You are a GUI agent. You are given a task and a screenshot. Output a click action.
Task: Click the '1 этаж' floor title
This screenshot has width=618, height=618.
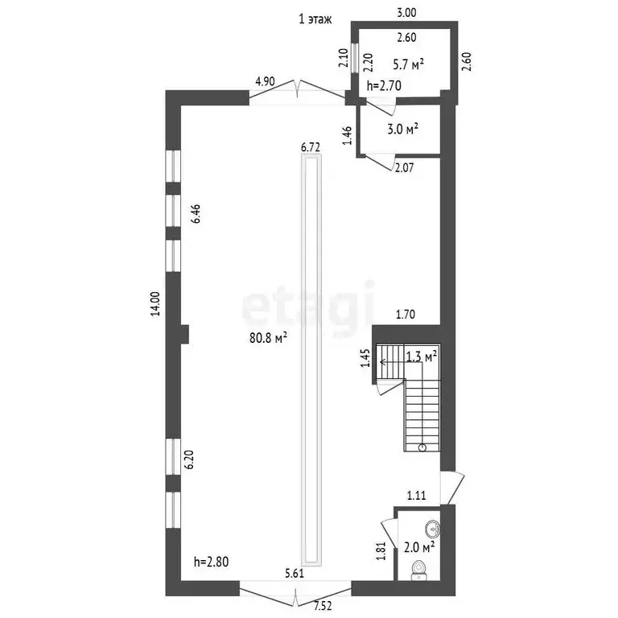tap(315, 19)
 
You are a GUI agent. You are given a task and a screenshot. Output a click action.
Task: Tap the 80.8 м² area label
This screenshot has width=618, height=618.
tap(268, 337)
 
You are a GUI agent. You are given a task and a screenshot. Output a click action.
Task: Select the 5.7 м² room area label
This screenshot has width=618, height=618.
tap(408, 64)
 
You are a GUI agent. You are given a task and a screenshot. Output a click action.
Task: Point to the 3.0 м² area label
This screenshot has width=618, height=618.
tap(402, 129)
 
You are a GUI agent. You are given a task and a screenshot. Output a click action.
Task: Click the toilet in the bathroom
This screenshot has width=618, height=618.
tap(418, 571)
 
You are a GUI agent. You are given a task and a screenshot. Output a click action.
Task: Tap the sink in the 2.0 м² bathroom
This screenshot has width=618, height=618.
tap(433, 529)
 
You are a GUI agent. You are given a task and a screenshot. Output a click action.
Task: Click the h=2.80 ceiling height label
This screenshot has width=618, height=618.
tap(212, 561)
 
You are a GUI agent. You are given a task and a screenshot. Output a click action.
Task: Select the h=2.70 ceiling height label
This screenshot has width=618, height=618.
tap(384, 85)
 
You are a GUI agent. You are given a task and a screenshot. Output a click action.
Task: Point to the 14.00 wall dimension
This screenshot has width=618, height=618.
tap(155, 303)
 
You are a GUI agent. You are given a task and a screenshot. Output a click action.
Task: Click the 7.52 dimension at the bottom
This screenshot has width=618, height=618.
tap(323, 606)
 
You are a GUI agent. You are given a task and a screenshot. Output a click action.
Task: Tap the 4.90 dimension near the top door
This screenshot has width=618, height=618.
tap(265, 81)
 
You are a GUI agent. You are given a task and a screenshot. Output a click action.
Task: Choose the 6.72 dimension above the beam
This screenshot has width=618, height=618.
tap(311, 147)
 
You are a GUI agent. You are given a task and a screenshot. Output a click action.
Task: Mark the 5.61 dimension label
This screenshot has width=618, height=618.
tap(295, 573)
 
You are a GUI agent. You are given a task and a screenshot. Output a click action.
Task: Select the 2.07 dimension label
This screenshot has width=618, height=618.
tap(405, 168)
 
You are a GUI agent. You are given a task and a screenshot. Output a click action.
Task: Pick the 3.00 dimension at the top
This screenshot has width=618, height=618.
tap(406, 13)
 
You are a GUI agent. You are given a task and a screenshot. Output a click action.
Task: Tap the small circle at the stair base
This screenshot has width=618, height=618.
tap(422, 447)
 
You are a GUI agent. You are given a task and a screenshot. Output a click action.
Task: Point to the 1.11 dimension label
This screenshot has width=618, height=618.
tap(417, 495)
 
